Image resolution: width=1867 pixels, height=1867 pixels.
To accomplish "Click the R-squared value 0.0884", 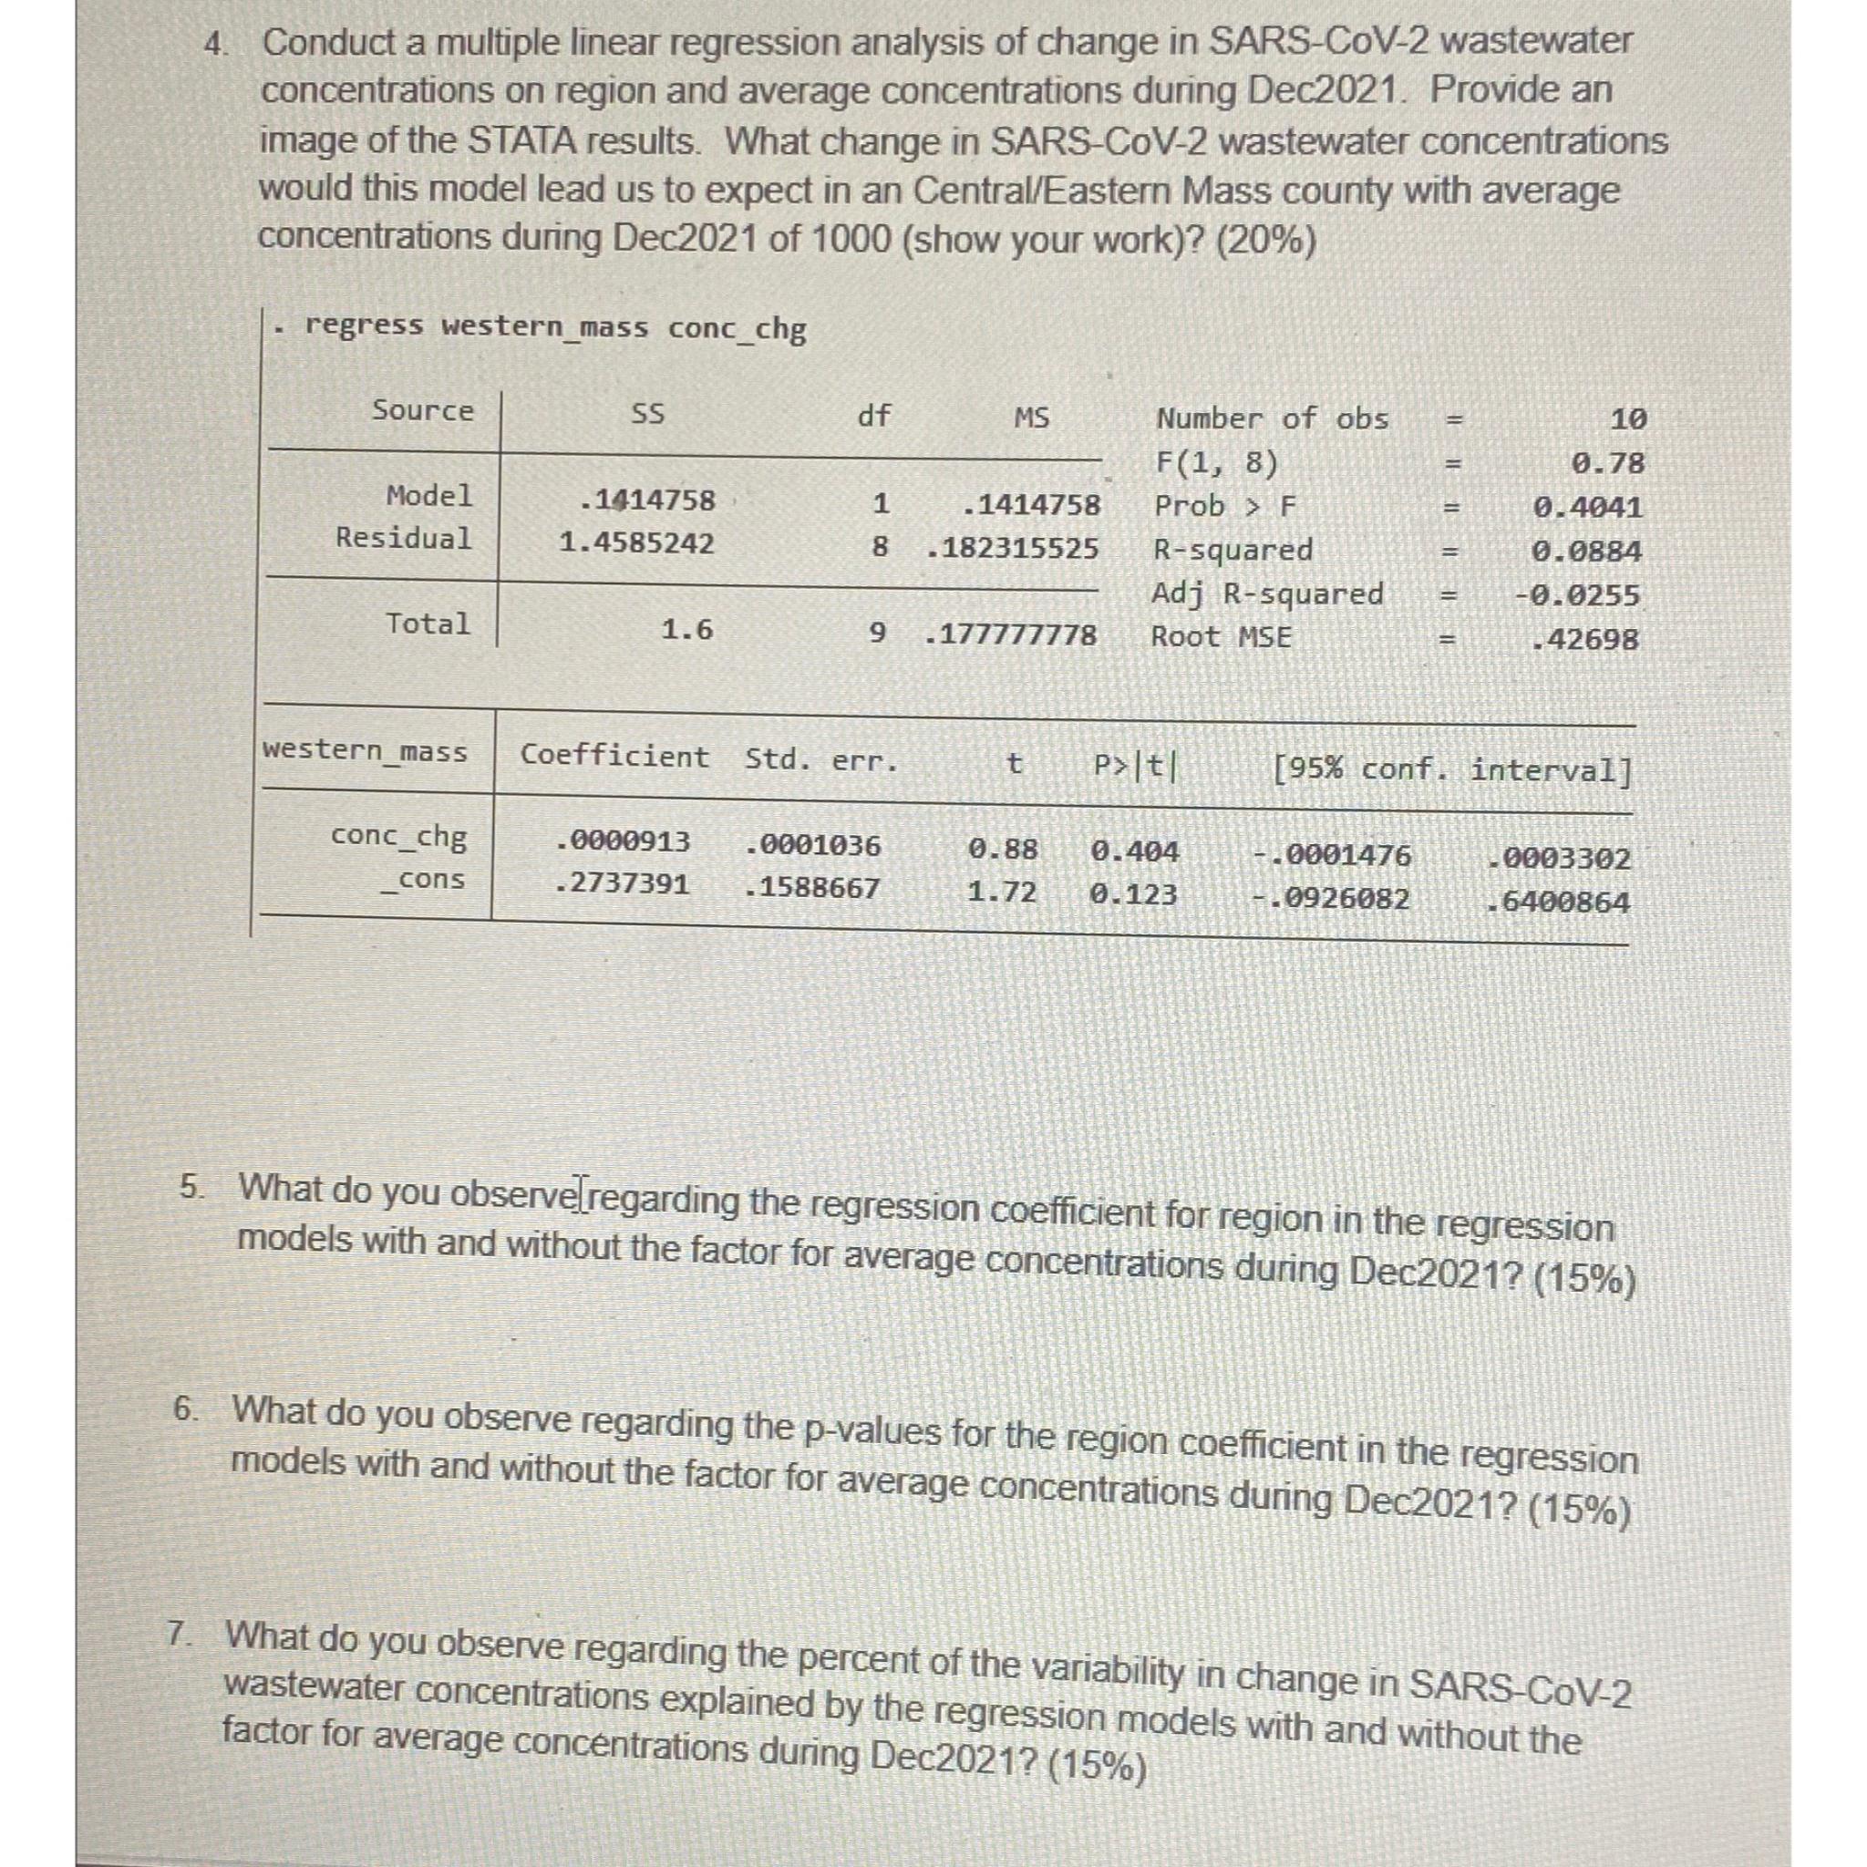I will point(1587,552).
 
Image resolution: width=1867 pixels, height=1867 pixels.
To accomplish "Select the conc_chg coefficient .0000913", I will point(624,841).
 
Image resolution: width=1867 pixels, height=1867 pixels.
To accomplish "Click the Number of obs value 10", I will point(1628,419).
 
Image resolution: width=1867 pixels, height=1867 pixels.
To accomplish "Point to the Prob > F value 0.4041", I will point(1588,508).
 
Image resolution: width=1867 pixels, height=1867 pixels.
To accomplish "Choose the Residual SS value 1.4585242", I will point(637,543).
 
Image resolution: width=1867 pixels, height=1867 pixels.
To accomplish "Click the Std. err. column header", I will point(821,759).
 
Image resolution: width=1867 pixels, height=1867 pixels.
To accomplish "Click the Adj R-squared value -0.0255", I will point(1576,595).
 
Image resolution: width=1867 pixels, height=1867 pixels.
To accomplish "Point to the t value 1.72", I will point(1002,892).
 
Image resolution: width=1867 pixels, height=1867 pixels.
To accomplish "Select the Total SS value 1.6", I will point(687,631).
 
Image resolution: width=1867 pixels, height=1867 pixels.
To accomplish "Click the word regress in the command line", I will point(365,325).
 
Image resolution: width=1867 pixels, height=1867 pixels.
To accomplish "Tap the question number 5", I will point(191,1186).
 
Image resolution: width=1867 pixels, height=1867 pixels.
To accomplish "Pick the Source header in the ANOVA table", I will point(423,411).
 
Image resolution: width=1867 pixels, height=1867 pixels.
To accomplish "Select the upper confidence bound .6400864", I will point(1559,903).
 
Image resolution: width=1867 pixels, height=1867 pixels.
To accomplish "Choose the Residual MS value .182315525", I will point(1012,549).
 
